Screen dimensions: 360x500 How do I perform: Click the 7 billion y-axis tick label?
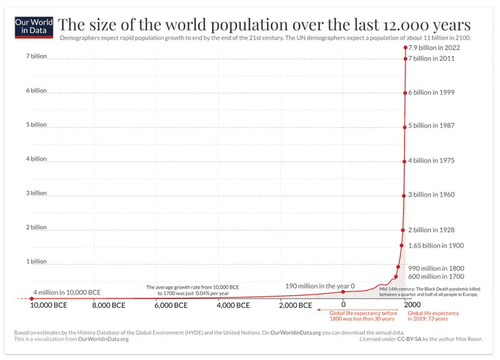(36, 56)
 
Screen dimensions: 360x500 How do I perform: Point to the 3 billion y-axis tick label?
(36, 193)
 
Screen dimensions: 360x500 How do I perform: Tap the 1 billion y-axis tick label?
(36, 261)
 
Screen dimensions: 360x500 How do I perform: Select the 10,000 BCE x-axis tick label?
(50, 306)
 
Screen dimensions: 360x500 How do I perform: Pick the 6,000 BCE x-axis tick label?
(174, 306)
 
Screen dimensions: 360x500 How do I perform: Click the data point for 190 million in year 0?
(343, 292)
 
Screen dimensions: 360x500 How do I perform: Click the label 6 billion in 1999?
(431, 93)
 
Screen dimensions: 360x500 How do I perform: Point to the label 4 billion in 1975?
(431, 161)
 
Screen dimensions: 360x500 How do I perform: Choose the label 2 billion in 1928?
(431, 230)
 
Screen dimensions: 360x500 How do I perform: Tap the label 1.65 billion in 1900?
(436, 246)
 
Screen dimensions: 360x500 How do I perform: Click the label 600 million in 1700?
(436, 277)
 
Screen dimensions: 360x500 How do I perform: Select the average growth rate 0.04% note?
(193, 290)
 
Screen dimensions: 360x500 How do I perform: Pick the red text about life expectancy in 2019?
(433, 316)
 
